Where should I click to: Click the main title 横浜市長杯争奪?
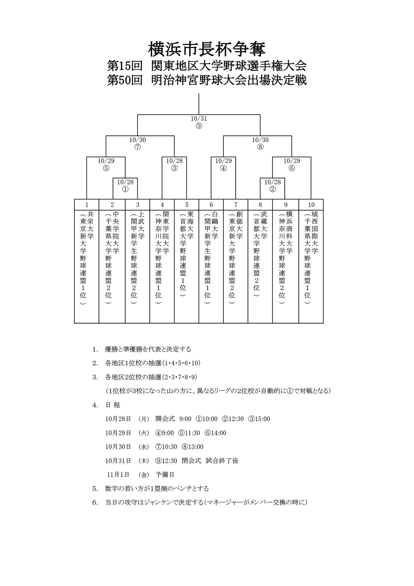(x=207, y=49)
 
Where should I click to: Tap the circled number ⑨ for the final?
(x=199, y=126)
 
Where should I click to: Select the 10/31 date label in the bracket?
(x=199, y=119)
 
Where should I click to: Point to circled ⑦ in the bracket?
(x=138, y=147)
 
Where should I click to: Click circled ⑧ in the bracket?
(x=260, y=147)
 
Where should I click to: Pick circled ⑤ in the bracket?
(x=106, y=168)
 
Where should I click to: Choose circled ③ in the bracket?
(x=175, y=168)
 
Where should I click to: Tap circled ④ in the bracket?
(x=224, y=168)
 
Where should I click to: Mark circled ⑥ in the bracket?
(x=292, y=168)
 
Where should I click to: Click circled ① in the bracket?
(x=125, y=189)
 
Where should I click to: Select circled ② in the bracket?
(x=273, y=189)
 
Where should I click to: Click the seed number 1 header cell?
(x=87, y=205)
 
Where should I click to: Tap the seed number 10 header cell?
(x=311, y=205)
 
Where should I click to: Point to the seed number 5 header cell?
(x=187, y=205)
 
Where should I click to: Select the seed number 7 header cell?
(x=236, y=205)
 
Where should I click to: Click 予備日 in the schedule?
(x=165, y=474)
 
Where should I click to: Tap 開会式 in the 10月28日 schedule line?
(x=165, y=419)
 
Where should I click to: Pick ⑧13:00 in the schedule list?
(x=192, y=447)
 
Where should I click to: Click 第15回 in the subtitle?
(x=125, y=66)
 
